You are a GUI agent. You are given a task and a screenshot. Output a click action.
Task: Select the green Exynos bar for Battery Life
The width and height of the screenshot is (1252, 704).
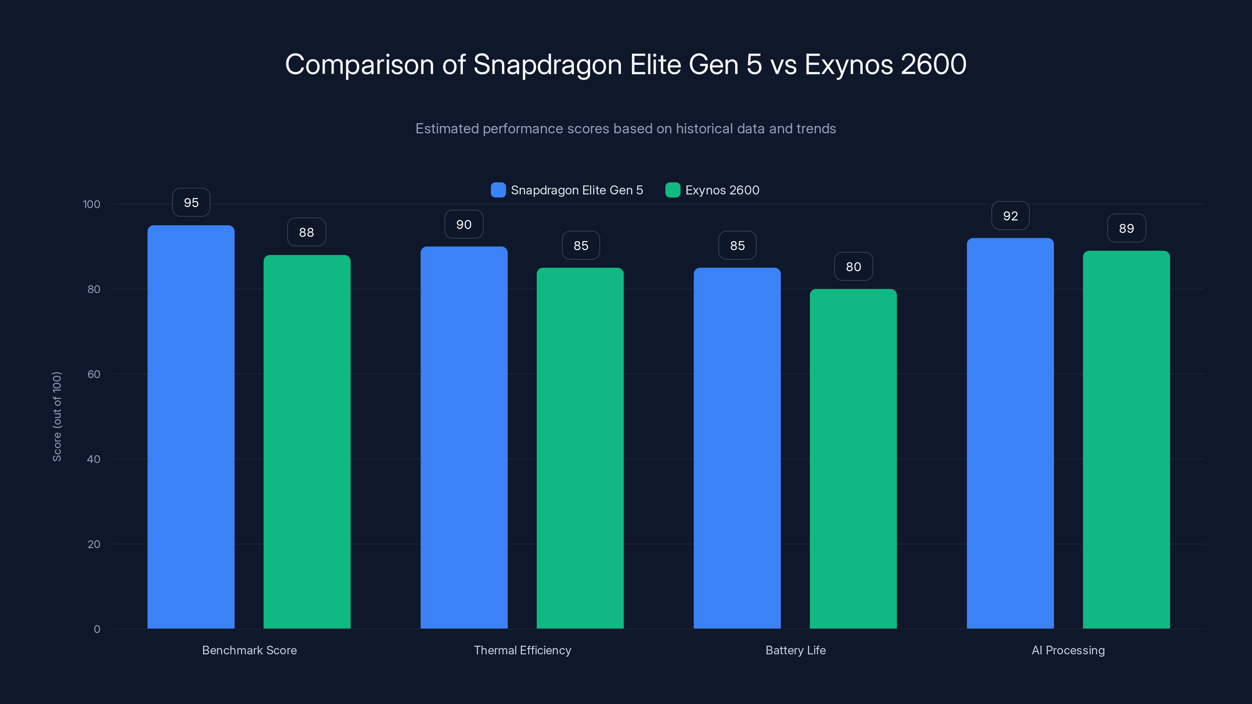tap(853, 459)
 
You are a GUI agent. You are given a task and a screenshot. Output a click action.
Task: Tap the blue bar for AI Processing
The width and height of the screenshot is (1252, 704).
tap(1010, 433)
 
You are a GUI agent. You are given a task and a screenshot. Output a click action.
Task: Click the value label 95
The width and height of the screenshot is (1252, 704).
tap(191, 203)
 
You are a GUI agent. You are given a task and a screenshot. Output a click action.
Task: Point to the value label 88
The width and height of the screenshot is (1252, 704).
tap(306, 232)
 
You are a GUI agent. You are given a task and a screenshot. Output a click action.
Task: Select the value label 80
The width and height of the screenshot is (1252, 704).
tap(853, 267)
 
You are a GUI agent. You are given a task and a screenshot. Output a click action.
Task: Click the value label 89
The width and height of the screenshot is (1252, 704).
tap(1126, 228)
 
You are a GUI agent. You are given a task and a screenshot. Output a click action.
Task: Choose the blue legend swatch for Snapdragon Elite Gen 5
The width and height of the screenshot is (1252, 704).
tap(498, 190)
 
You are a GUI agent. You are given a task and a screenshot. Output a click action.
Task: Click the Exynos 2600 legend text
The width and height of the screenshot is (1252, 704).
tap(722, 190)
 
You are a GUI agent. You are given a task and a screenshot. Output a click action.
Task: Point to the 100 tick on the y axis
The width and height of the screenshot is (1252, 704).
tap(92, 204)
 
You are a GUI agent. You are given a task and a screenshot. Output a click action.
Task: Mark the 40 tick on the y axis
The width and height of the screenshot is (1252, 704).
tap(94, 459)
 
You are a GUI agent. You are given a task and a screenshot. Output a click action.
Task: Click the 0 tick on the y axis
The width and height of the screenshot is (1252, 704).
tap(97, 629)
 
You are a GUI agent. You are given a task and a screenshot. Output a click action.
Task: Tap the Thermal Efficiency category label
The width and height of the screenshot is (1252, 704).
tap(522, 650)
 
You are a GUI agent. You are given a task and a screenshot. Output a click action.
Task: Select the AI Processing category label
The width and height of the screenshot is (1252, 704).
tap(1068, 650)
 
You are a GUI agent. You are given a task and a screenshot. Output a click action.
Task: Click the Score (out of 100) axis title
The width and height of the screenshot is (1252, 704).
tap(57, 417)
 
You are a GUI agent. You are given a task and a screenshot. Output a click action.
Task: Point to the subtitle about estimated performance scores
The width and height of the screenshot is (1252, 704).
tap(626, 129)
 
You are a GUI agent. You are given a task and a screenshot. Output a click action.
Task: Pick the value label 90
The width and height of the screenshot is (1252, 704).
tap(464, 224)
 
